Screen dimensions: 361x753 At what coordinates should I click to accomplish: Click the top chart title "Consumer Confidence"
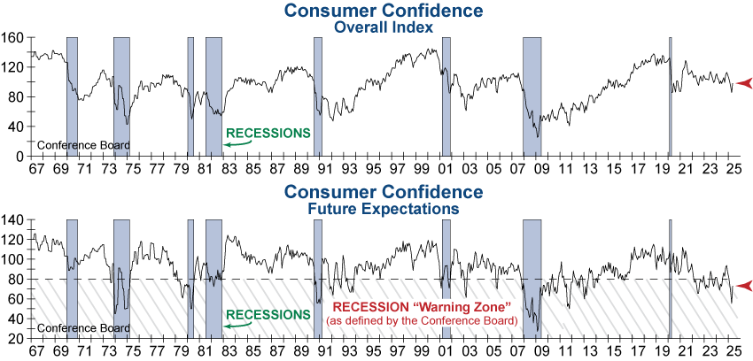point(384,12)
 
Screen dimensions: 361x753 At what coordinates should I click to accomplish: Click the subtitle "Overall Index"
point(384,27)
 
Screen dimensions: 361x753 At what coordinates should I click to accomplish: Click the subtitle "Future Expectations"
point(384,209)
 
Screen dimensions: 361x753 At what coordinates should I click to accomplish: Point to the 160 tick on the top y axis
point(12,38)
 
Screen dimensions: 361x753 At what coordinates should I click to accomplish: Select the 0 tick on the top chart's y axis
point(18,156)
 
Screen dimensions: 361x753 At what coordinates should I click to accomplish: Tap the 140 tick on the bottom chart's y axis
point(12,219)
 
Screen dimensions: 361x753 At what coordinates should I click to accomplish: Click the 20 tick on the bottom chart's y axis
point(15,339)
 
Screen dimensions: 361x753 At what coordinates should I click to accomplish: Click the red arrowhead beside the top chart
point(744,83)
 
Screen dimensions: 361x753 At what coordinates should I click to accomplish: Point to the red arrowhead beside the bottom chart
point(744,286)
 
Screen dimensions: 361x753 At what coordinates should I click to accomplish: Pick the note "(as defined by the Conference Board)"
point(421,319)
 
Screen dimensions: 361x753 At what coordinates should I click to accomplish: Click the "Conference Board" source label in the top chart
point(83,145)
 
